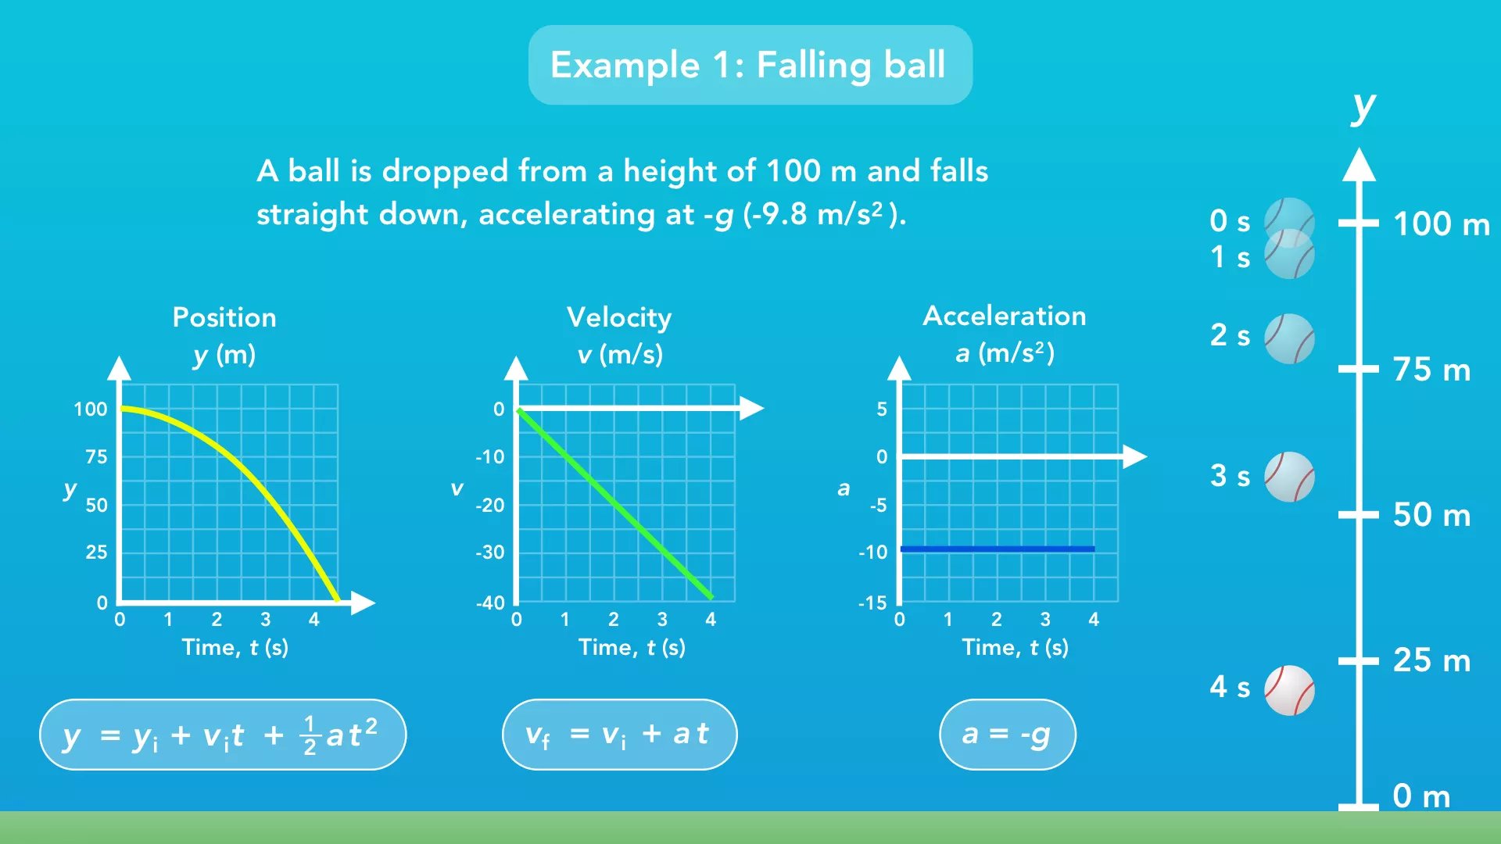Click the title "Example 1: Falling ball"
748,65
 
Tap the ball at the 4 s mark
1289,690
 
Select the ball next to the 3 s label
1289,477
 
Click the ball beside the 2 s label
1289,338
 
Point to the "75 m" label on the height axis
1431,370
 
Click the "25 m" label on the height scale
1431,660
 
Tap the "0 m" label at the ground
1421,796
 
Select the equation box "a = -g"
1007,735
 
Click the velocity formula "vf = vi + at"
619,735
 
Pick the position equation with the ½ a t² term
223,735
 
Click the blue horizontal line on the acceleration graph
998,549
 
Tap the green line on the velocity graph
615,504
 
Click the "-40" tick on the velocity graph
490,603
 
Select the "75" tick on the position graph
96,456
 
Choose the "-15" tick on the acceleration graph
872,603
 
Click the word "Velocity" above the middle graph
619,317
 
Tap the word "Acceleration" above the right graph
1005,316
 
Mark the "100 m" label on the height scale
1442,224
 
